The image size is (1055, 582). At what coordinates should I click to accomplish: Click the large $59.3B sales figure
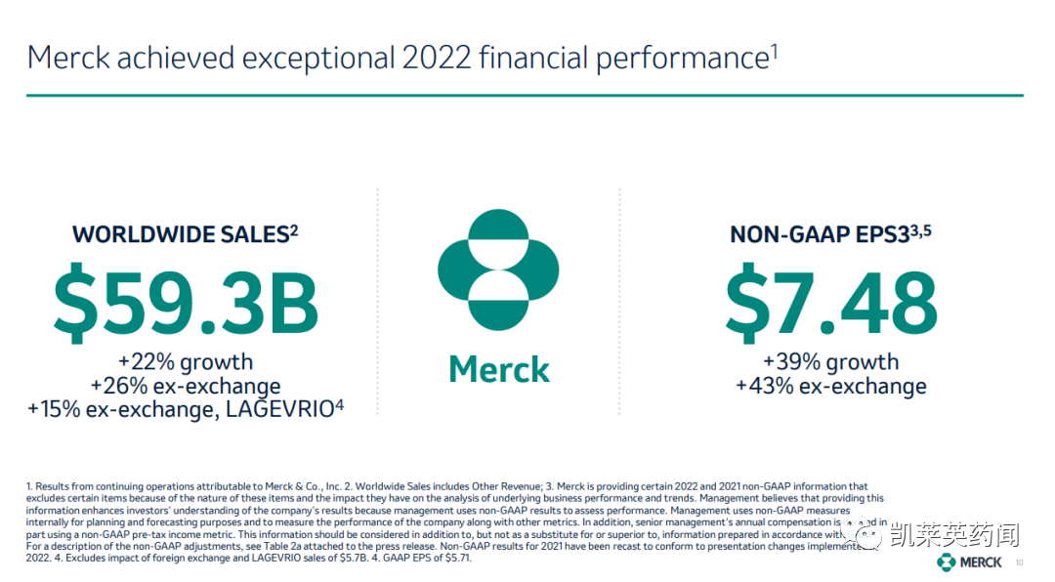pyautogui.click(x=186, y=303)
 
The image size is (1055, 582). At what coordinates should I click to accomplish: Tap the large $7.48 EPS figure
pyautogui.click(x=830, y=303)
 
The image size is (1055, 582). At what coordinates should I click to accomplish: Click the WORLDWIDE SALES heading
pyautogui.click(x=180, y=234)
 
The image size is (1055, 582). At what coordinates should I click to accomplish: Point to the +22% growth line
pyautogui.click(x=185, y=361)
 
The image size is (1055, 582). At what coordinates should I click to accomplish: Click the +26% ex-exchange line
pyautogui.click(x=185, y=386)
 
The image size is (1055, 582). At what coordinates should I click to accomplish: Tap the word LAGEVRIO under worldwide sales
pyautogui.click(x=279, y=409)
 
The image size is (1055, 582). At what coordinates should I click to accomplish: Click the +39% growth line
pyautogui.click(x=830, y=362)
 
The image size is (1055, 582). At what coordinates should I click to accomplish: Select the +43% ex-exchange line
pyautogui.click(x=830, y=387)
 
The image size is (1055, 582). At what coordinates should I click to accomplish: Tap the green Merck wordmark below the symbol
pyautogui.click(x=498, y=369)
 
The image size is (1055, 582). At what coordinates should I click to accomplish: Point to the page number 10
pyautogui.click(x=1020, y=562)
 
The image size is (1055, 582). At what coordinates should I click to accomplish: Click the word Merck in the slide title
pyautogui.click(x=67, y=58)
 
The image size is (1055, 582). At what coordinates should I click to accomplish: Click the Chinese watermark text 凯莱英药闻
pyautogui.click(x=954, y=535)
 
